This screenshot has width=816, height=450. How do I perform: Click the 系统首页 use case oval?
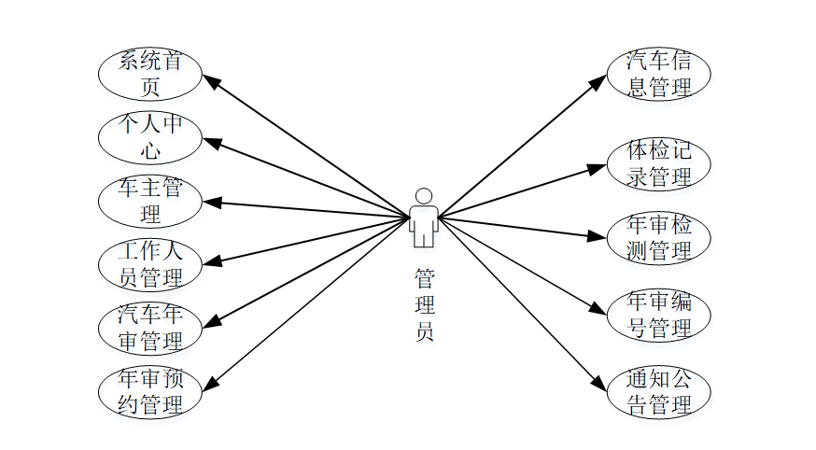tap(149, 75)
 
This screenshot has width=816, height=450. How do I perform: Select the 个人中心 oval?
tap(149, 137)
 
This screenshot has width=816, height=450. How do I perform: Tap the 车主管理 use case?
tap(149, 201)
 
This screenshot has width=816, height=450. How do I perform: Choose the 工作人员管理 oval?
tap(149, 264)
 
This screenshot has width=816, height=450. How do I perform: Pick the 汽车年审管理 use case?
tap(149, 328)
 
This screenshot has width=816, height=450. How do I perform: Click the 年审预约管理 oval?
tap(149, 392)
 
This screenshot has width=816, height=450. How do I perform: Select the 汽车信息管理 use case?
tap(659, 75)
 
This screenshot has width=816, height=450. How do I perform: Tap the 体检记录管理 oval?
tap(659, 163)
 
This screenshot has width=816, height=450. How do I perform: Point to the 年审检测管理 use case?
tap(659, 238)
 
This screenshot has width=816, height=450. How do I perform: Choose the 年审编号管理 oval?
tap(659, 316)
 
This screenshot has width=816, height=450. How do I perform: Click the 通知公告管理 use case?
tap(659, 392)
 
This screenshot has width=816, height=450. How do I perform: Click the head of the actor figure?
tap(424, 196)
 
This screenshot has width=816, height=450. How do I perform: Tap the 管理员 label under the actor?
tap(424, 305)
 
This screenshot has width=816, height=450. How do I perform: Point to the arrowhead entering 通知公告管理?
tap(599, 383)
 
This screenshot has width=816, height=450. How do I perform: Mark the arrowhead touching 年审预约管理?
tap(211, 384)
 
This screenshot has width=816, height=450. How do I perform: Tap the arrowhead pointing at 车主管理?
tap(209, 202)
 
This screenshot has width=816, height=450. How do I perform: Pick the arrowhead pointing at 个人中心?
tap(211, 143)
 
